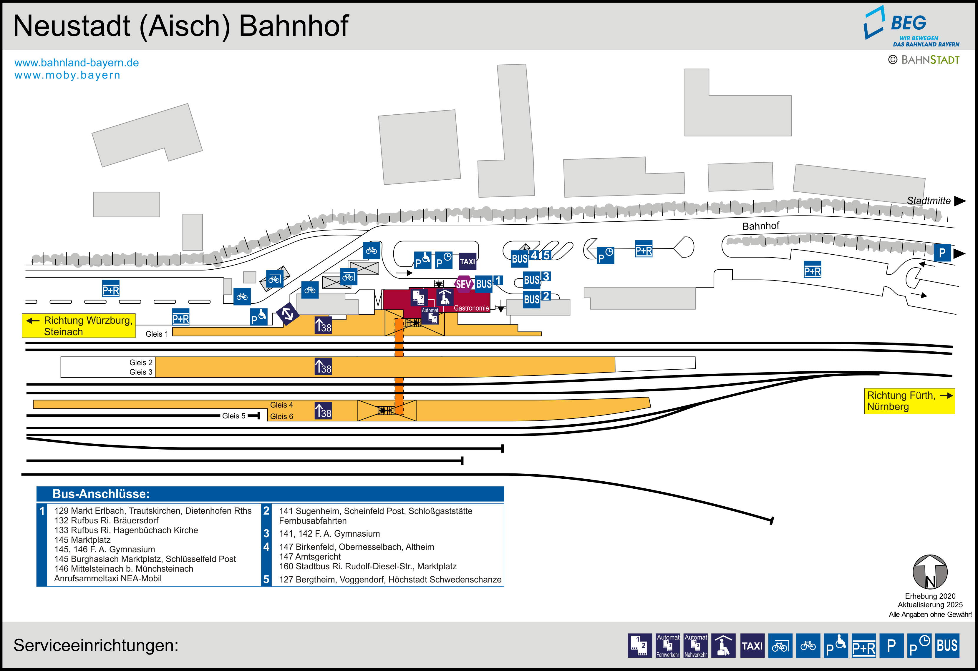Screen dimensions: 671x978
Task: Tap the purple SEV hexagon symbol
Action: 463,284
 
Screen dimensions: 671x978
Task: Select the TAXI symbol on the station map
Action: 467,261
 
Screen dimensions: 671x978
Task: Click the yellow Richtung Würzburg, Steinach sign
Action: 79,326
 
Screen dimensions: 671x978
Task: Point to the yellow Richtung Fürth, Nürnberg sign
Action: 909,401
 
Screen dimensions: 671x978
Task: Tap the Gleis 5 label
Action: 233,416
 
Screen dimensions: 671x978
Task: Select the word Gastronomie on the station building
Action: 471,308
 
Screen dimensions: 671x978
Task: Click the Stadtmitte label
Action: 928,201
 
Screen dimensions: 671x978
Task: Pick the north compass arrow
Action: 930,572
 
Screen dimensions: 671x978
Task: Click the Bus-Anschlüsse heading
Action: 101,494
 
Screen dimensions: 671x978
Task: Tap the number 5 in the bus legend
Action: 266,579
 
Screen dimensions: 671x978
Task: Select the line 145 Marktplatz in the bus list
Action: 82,540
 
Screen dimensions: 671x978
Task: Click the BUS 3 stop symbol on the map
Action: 536,279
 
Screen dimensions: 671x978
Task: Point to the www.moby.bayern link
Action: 67,75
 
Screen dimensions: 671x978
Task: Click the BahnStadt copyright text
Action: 924,60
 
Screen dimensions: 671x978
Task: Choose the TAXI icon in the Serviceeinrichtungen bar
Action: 752,646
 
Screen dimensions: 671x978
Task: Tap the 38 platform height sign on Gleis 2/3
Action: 323,367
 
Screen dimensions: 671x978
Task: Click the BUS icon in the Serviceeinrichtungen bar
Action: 947,646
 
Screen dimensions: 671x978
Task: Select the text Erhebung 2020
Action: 930,596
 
